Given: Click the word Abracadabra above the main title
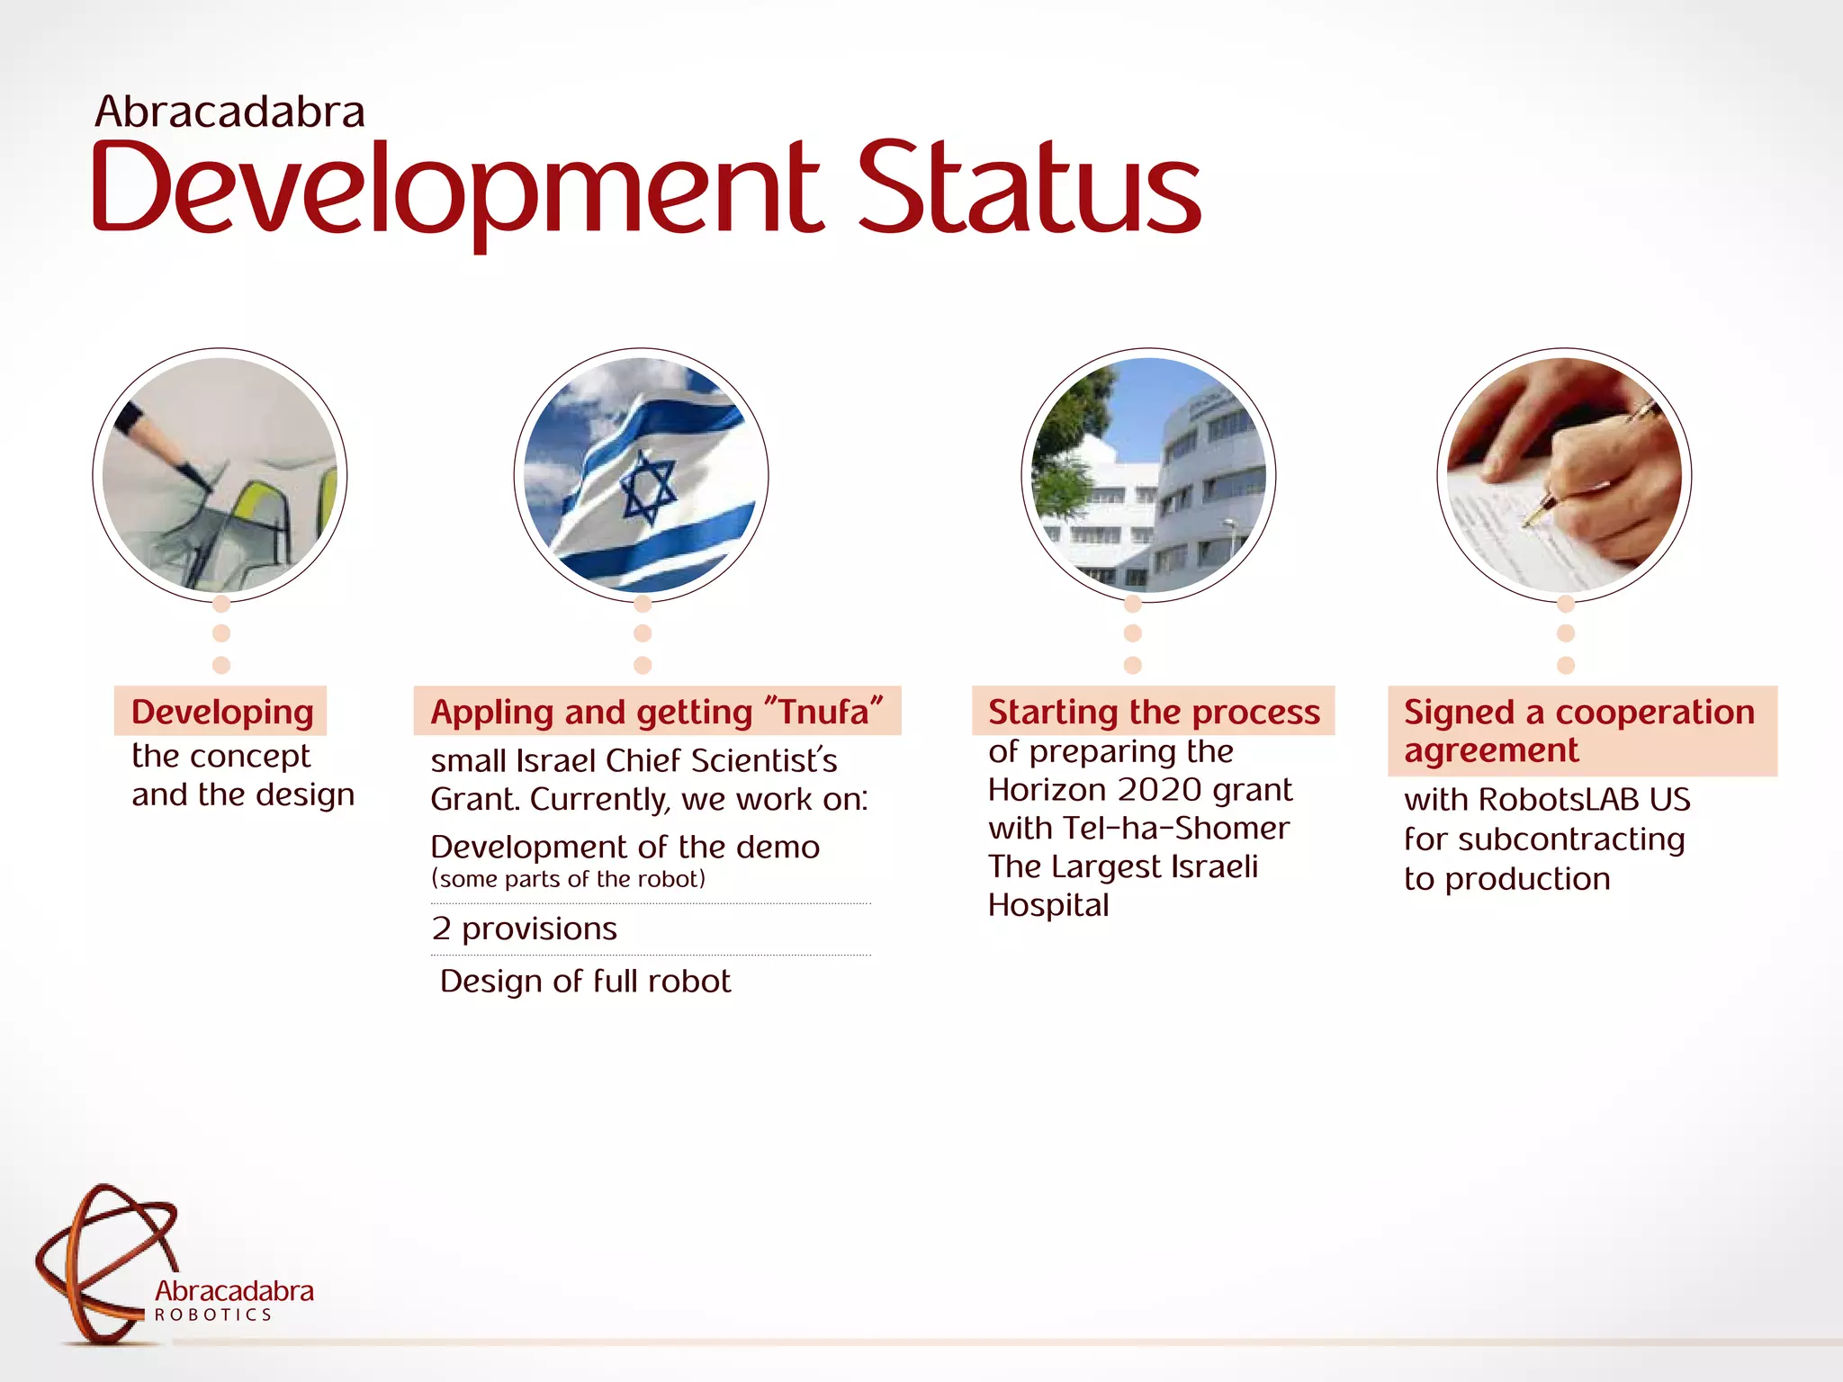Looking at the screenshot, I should tap(229, 112).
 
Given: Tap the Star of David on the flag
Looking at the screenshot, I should tap(647, 488).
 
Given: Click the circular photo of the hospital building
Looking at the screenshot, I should tap(1148, 475).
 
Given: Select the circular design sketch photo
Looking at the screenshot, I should tap(220, 475).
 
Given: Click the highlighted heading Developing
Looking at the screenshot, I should tap(221, 712).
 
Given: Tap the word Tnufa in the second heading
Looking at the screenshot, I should tap(823, 712).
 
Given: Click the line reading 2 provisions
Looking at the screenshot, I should tap(524, 929).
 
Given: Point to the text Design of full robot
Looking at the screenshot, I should tap(585, 981).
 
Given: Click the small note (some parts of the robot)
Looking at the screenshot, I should tap(568, 879).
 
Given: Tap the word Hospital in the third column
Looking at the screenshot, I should tap(1048, 905).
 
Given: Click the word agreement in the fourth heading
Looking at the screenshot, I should tap(1490, 750).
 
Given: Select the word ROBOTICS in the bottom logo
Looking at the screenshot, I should tap(212, 1315).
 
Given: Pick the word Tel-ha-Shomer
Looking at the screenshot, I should tap(1175, 828).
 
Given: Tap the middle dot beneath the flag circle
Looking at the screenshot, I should tap(643, 633).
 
